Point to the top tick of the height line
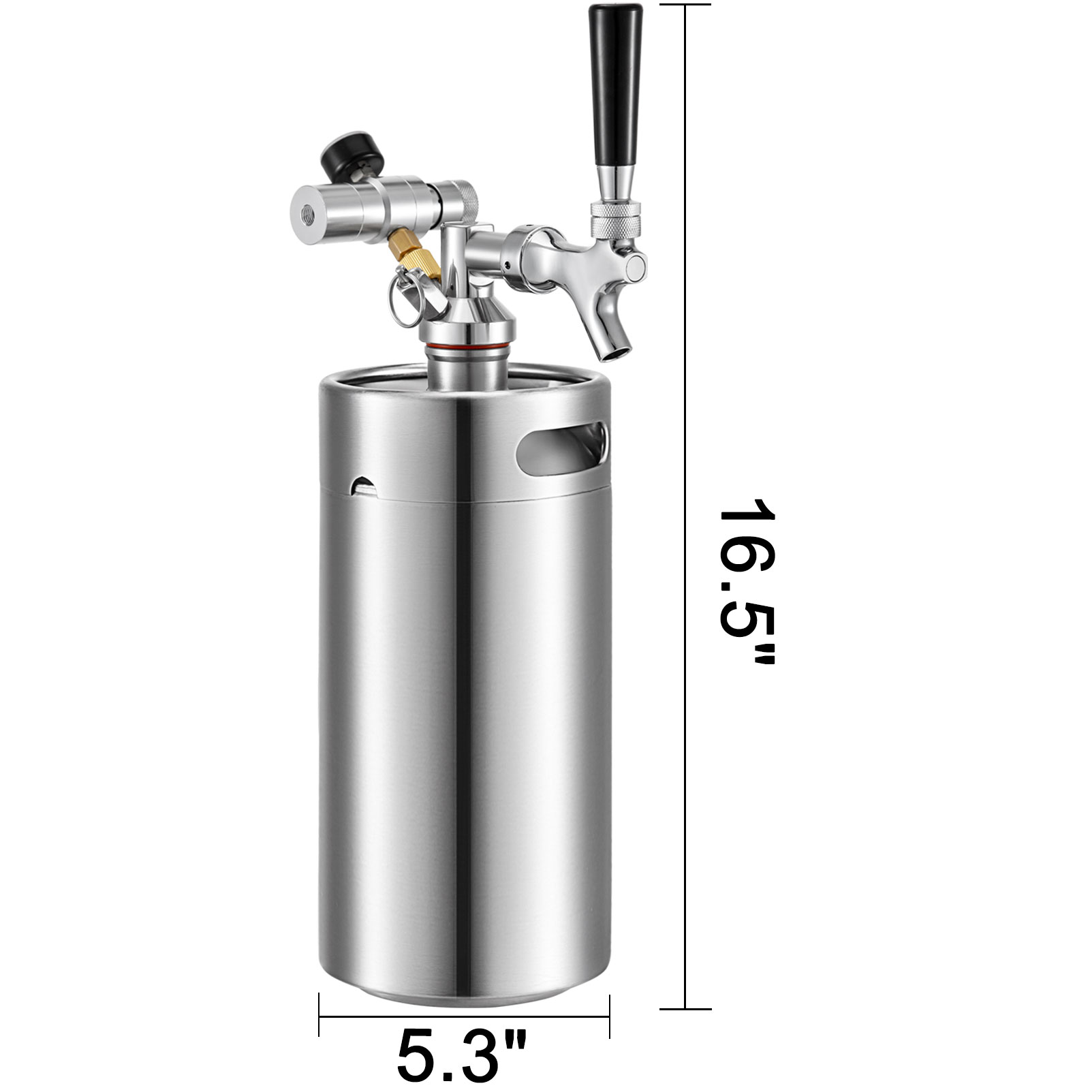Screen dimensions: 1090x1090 685,5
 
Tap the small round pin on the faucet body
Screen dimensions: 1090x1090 507,261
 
